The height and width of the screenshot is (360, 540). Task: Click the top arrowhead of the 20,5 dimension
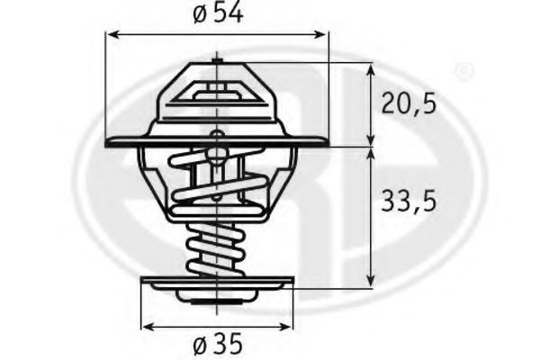(371, 68)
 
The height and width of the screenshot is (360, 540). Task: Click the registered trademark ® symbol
(463, 70)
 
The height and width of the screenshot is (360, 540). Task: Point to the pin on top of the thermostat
(217, 61)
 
